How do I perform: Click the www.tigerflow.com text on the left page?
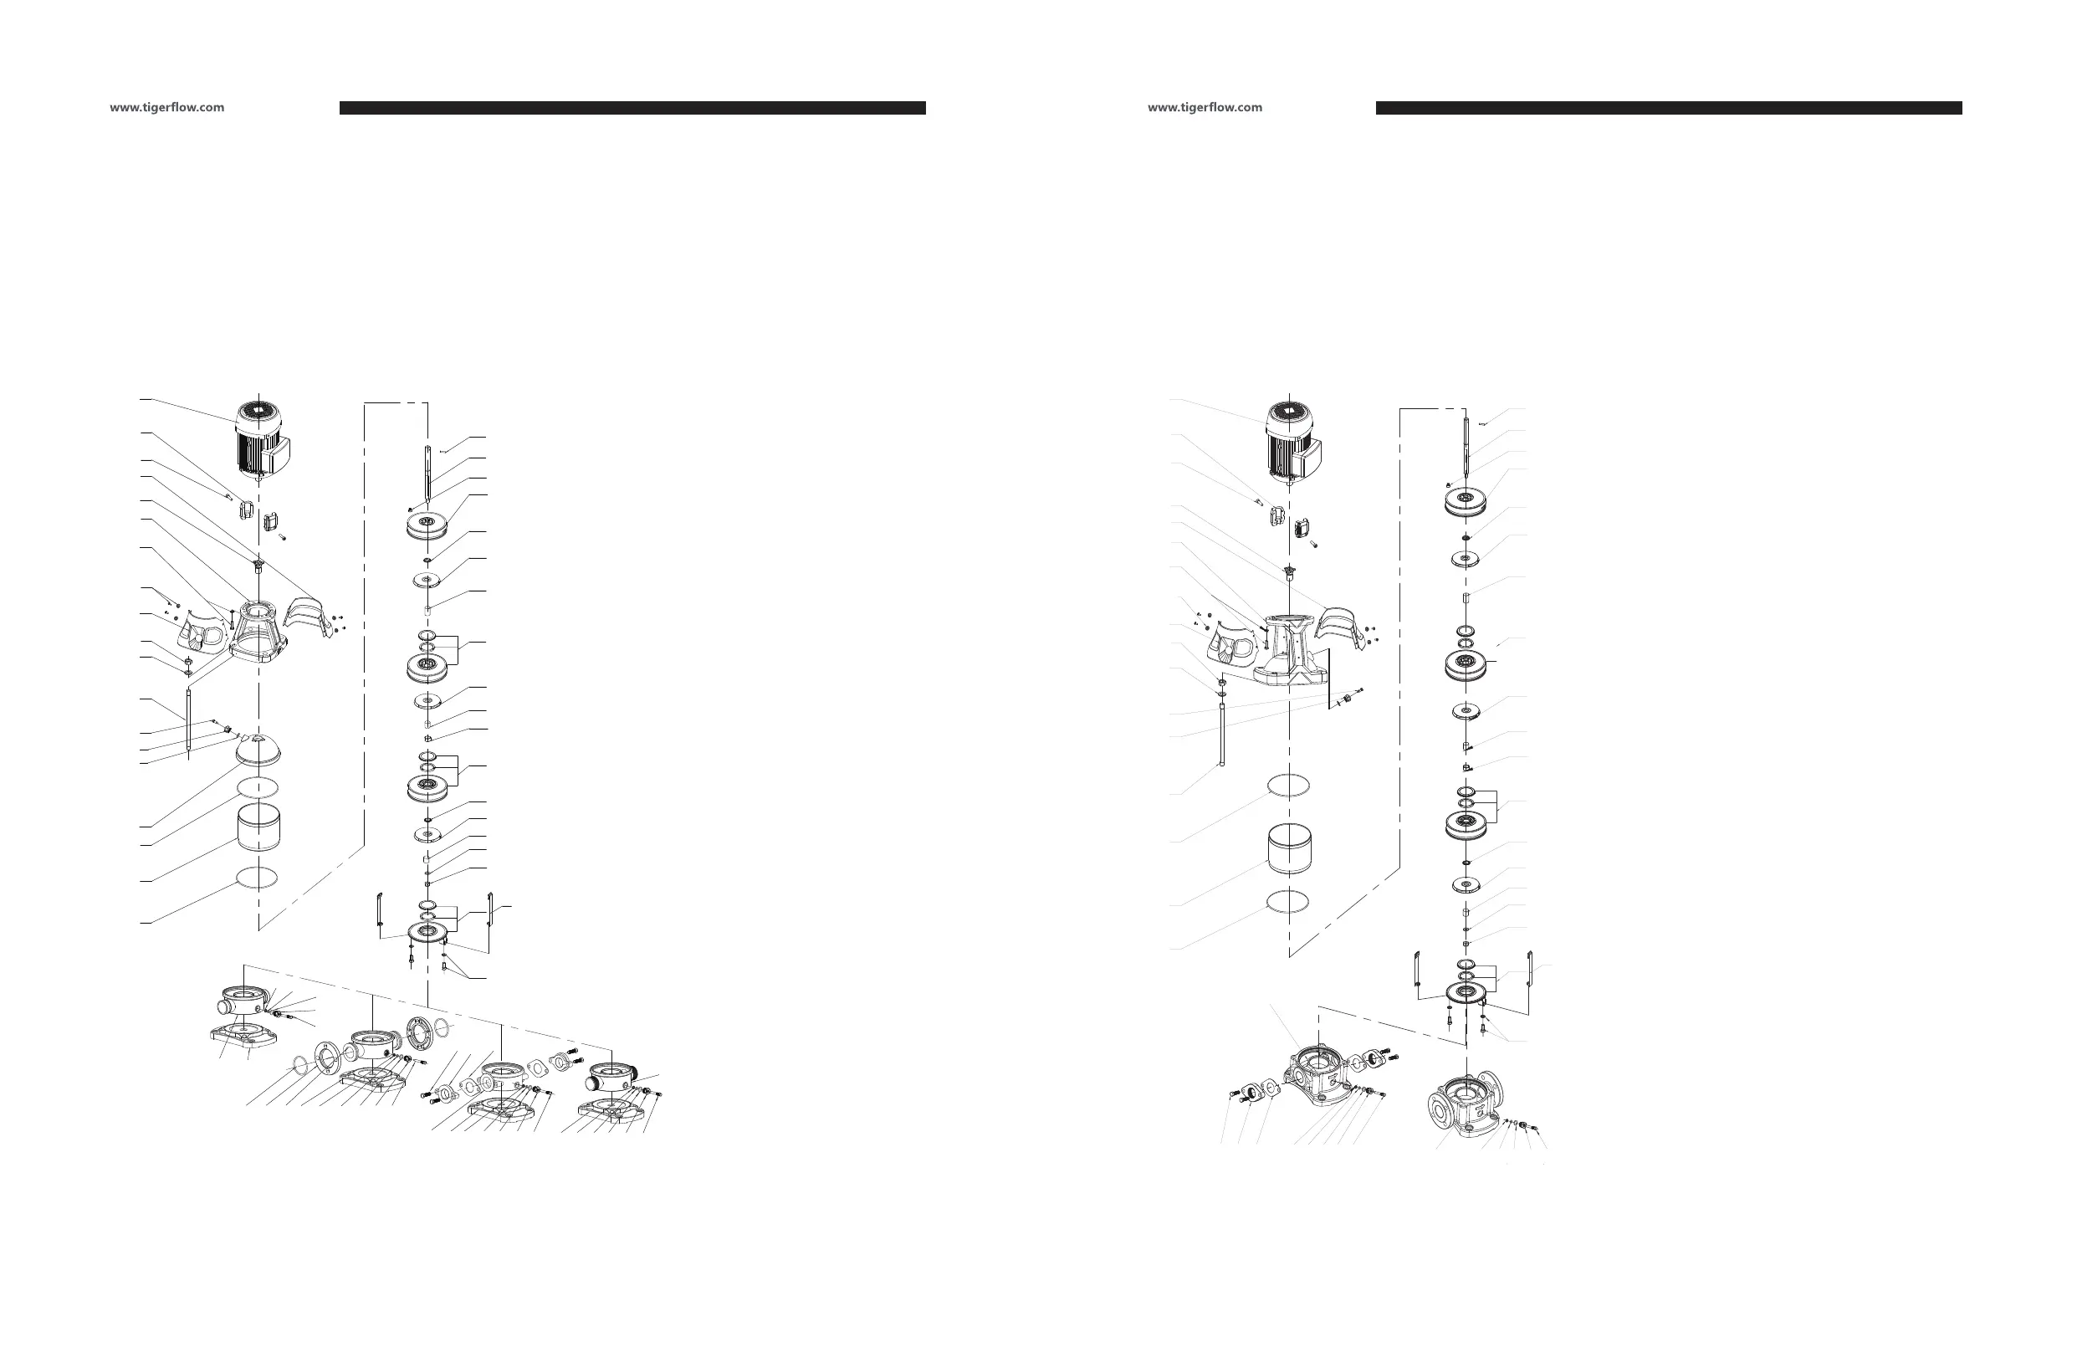tap(166, 107)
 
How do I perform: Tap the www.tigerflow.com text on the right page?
tap(1205, 107)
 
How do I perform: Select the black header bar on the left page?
tap(632, 108)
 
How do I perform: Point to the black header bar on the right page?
tap(1669, 108)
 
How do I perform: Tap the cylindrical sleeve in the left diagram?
tap(258, 828)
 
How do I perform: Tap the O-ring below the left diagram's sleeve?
tap(258, 877)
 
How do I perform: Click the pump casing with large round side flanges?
tap(1465, 1104)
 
